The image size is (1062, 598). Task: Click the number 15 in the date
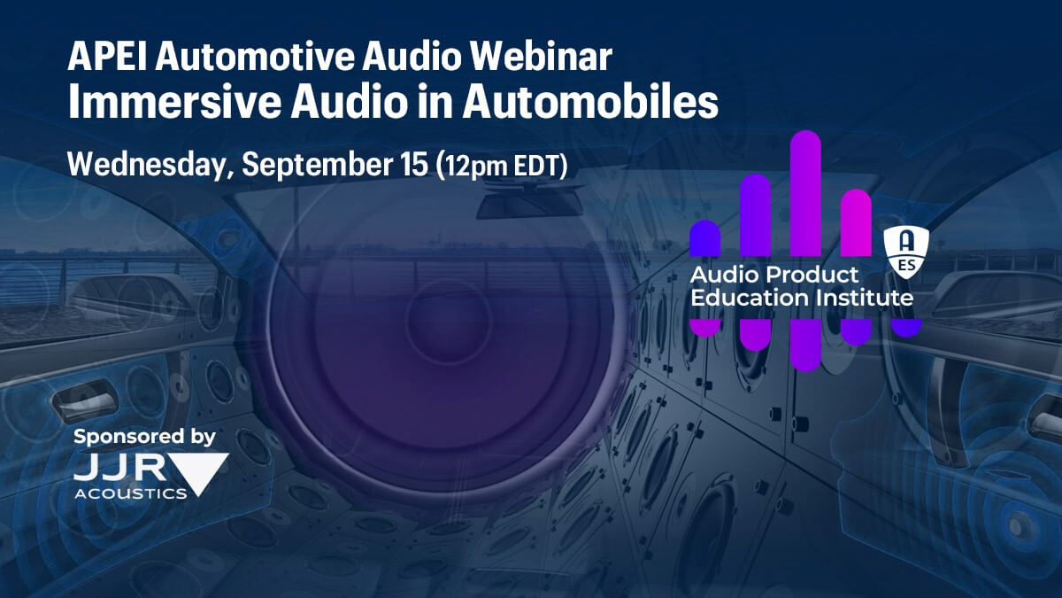coord(414,164)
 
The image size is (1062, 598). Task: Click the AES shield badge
coord(906,252)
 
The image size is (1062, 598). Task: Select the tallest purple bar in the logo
coord(805,194)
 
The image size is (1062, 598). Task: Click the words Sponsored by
coord(144,437)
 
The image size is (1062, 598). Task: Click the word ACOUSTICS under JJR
coord(131,493)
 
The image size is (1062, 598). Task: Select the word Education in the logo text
coord(750,298)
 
